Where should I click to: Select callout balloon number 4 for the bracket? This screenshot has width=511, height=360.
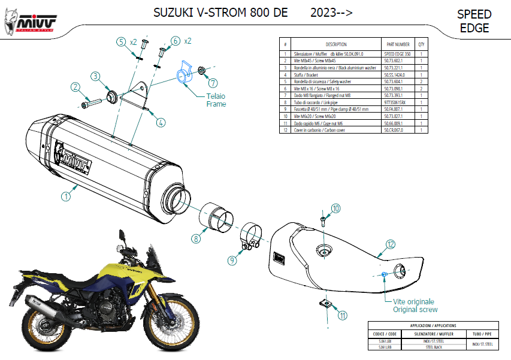pyautogui.click(x=161, y=123)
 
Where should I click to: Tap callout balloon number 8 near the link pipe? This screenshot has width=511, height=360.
pyautogui.click(x=196, y=238)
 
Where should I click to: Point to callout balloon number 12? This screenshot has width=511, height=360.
pyautogui.click(x=390, y=244)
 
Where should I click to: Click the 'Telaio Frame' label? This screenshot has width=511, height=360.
pyautogui.click(x=216, y=99)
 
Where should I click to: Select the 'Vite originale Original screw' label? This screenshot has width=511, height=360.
pyautogui.click(x=415, y=305)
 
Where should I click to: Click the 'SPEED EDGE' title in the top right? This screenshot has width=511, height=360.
pyautogui.click(x=474, y=21)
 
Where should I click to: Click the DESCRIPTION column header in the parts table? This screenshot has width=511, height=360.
pyautogui.click(x=336, y=44)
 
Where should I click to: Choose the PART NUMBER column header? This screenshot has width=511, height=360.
pyautogui.click(x=398, y=44)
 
